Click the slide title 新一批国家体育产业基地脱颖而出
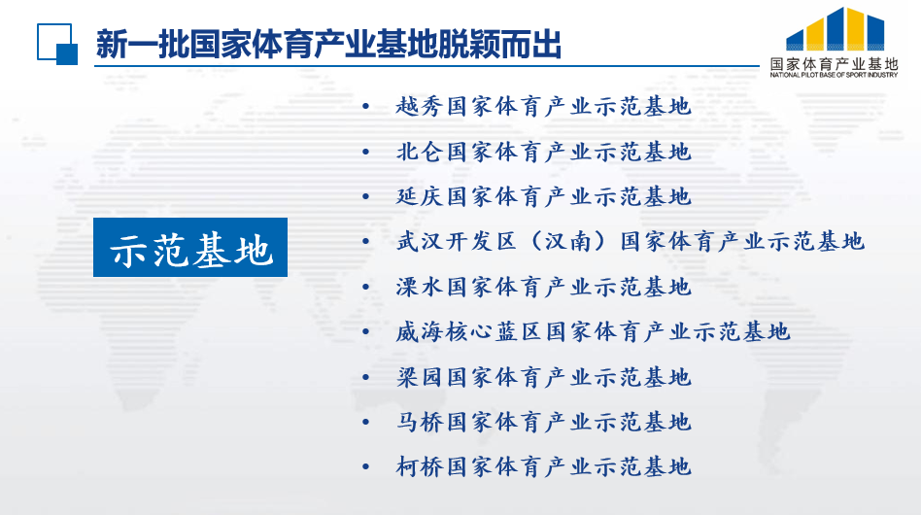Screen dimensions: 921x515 pos(329,44)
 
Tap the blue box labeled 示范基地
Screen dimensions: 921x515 pos(190,247)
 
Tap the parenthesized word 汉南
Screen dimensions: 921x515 pos(568,241)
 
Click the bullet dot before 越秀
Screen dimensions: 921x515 pos(366,106)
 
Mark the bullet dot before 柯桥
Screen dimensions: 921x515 pos(366,466)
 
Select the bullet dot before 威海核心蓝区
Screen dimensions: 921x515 pos(366,331)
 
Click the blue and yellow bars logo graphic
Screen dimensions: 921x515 pos(836,29)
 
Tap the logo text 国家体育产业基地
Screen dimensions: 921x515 pos(835,64)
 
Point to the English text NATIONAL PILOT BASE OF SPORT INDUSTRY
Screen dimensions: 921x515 pos(835,75)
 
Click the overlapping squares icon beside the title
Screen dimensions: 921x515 pos(57,44)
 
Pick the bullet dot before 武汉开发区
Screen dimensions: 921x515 pos(366,241)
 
